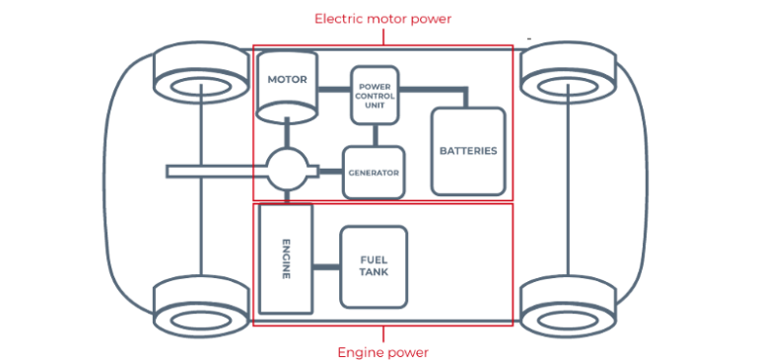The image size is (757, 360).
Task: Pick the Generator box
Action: tap(374, 172)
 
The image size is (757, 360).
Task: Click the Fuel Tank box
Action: tap(374, 264)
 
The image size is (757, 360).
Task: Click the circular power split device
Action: tap(293, 171)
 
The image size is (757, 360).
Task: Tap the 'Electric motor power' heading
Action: tap(382, 19)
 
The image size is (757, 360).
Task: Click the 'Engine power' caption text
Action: tap(382, 351)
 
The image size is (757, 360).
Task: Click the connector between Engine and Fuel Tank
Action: tap(327, 264)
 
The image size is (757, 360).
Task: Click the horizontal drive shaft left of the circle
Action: tap(217, 172)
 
